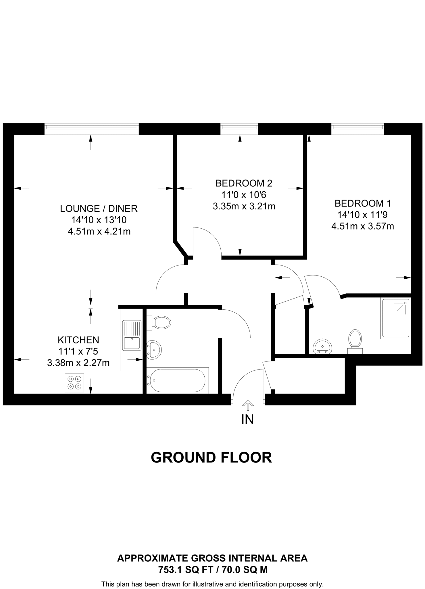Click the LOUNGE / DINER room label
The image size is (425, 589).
99,209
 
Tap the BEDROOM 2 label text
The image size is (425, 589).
244,183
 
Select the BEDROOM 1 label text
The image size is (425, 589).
363,203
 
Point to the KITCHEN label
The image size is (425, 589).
78,340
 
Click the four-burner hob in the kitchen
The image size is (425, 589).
74,383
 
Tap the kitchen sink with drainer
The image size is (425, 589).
132,335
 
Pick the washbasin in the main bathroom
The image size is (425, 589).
154,350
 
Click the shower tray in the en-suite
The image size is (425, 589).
395,318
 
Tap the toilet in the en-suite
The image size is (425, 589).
355,341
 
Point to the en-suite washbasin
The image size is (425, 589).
322,346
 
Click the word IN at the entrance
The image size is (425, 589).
247,420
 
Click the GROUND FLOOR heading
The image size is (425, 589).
211,458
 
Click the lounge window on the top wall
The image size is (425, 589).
91,129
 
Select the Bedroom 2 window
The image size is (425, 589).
239,129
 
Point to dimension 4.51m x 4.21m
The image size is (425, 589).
99,232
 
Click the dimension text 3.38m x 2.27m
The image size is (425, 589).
78,363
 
